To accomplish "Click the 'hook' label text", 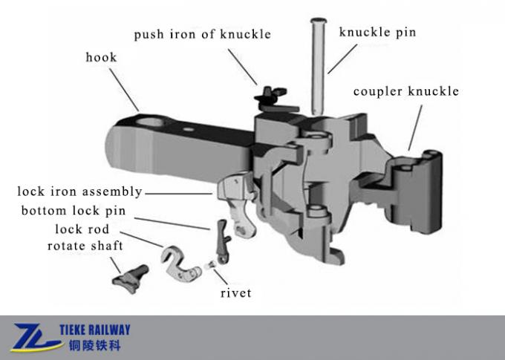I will [x=101, y=57].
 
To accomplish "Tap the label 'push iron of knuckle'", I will [x=202, y=34].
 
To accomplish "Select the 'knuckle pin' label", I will [x=377, y=32].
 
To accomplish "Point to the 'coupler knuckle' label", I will [x=405, y=92].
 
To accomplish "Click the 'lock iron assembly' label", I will [x=80, y=192].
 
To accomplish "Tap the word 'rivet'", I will [x=235, y=292].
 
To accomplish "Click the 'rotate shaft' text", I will [x=85, y=246].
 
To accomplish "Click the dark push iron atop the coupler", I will [x=269, y=96].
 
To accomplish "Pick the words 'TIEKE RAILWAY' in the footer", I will [x=99, y=330].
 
